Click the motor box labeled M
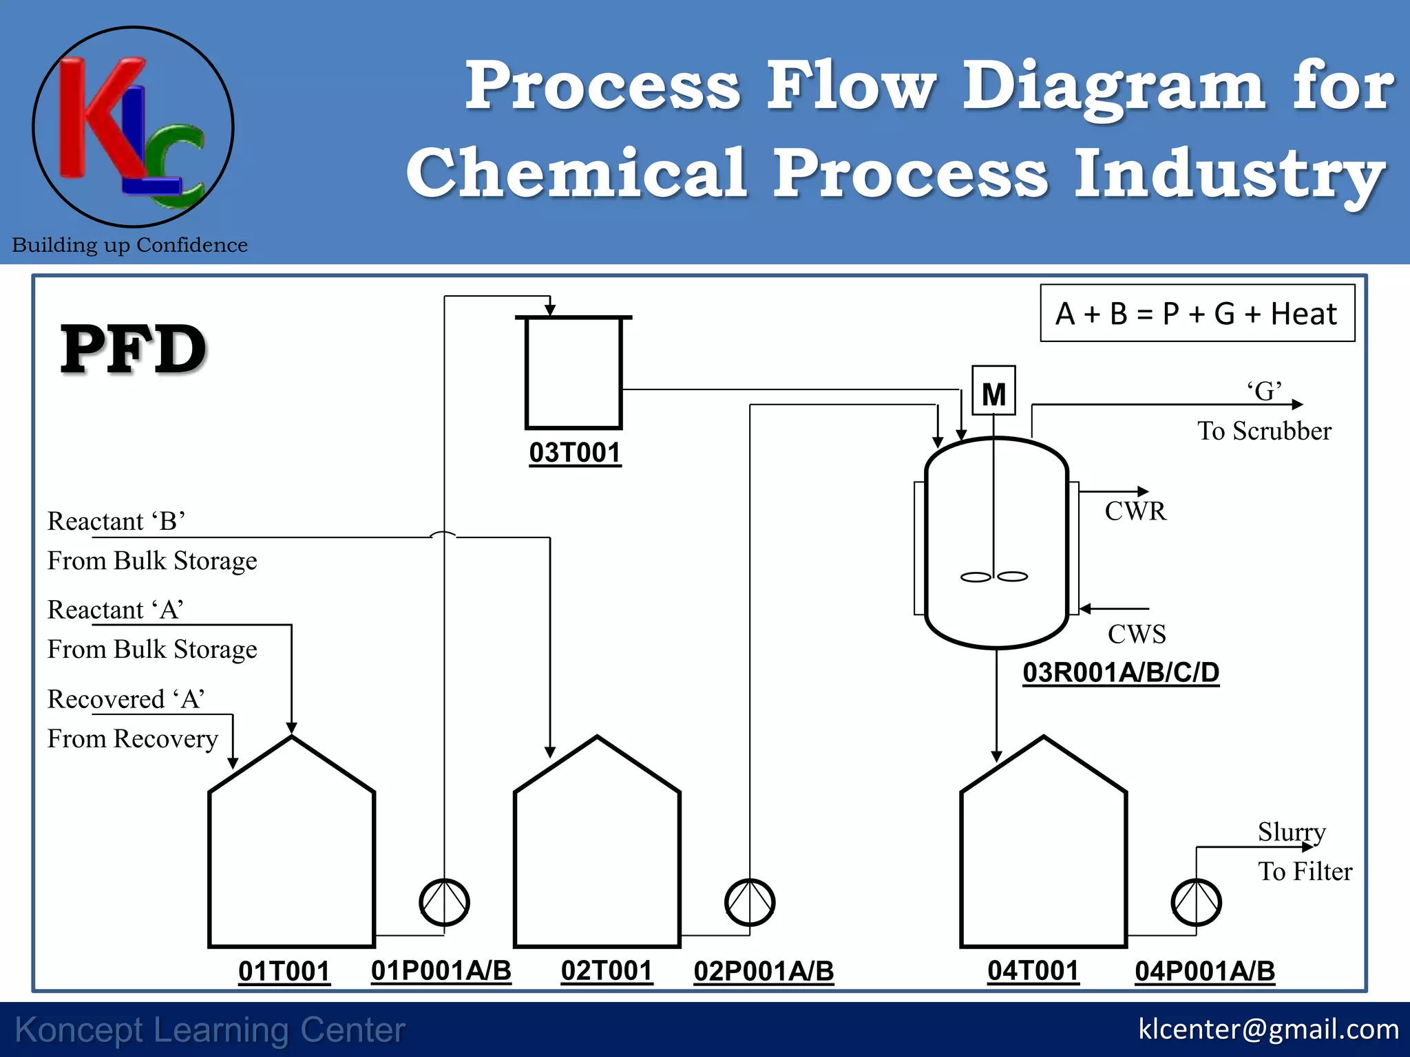point(993,391)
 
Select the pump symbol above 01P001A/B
point(445,902)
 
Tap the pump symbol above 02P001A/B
point(750,902)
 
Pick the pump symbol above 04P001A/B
point(1197,902)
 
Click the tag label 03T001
point(575,453)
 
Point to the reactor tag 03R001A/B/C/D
point(1121,672)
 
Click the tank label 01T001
point(284,971)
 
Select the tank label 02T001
point(607,970)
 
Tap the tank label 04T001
point(1033,970)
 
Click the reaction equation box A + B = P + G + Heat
point(1197,313)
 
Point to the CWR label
point(1135,511)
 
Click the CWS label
point(1137,634)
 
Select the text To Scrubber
point(1264,431)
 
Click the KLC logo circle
point(134,127)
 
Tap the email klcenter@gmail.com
point(1268,1029)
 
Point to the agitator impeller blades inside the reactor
point(994,577)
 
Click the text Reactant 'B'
point(116,521)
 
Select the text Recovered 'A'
point(126,699)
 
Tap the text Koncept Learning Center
point(210,1030)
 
